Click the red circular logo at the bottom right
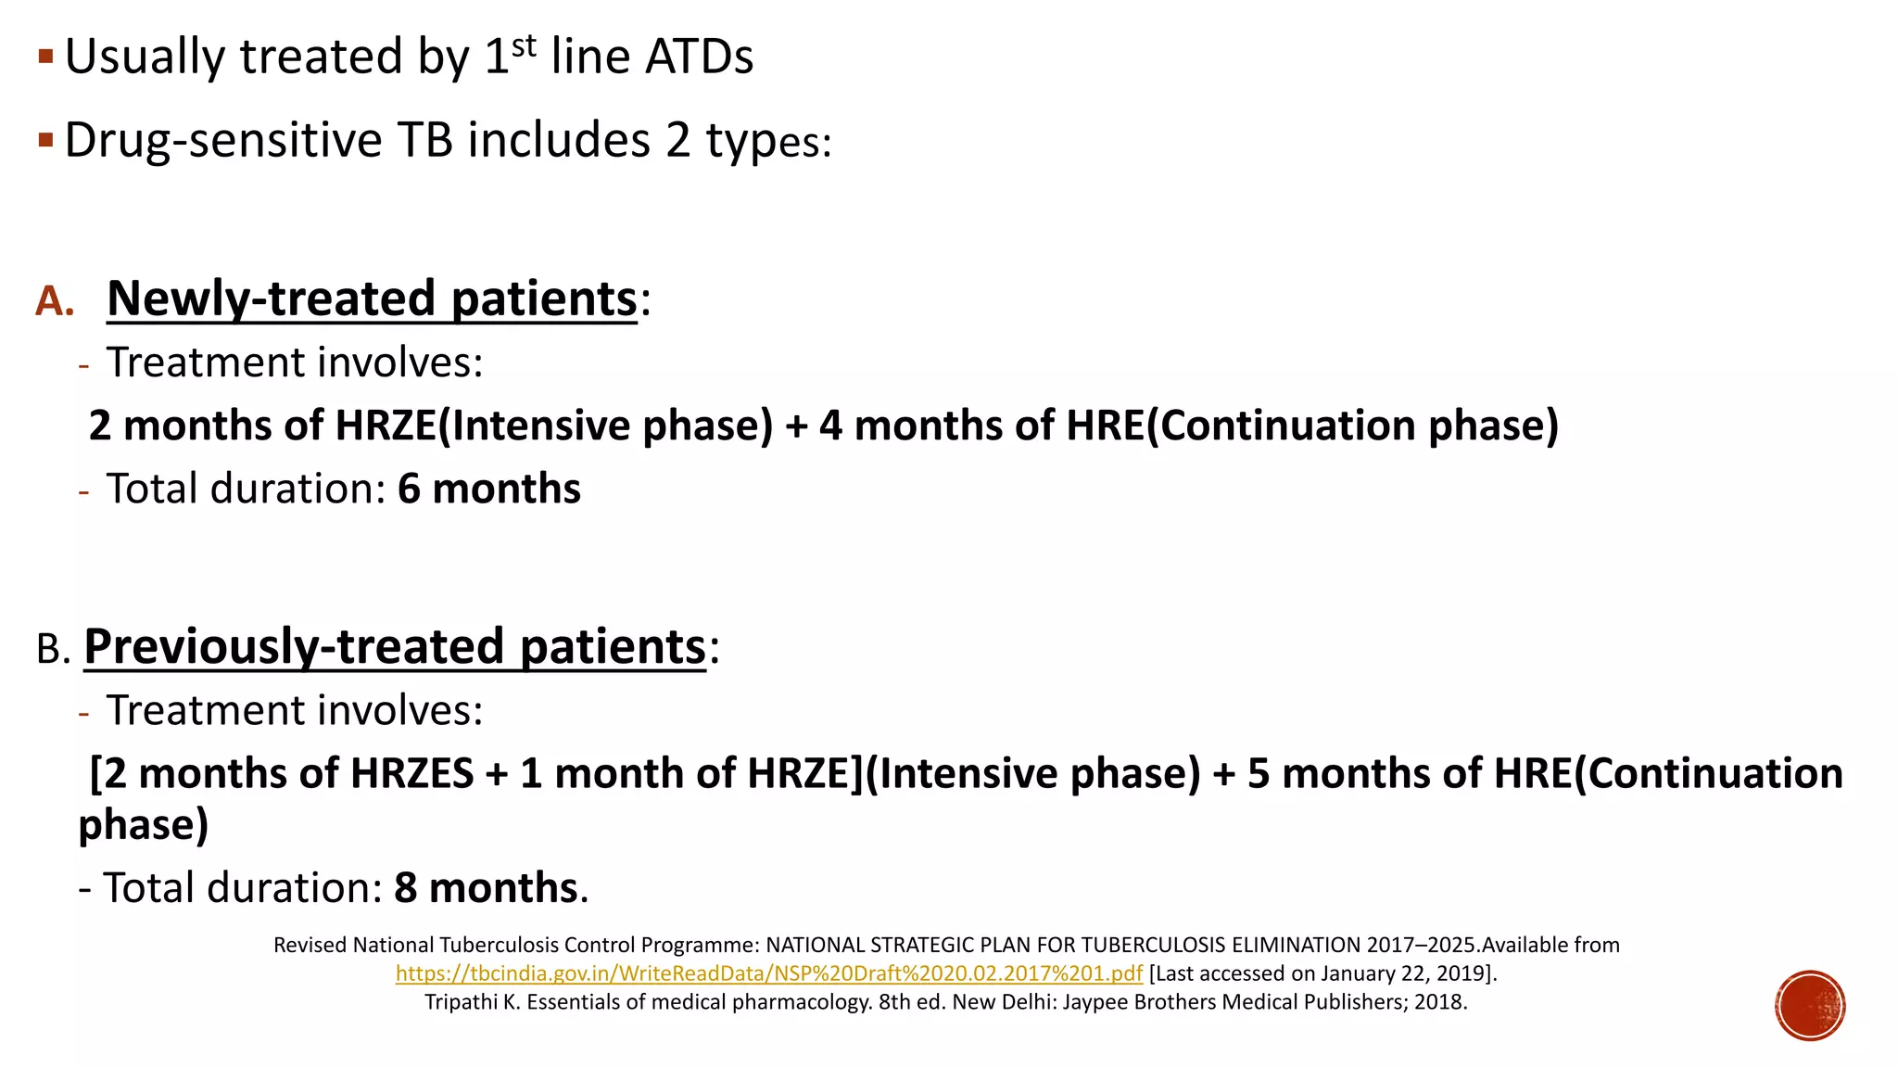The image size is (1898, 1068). (1810, 1006)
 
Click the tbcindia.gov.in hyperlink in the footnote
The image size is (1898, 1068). (768, 973)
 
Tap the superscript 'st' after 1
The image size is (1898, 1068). (524, 45)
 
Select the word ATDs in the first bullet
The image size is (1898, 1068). (699, 57)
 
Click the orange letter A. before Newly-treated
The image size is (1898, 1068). (55, 301)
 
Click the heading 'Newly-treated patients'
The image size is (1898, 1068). (372, 299)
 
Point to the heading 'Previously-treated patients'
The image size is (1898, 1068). (395, 646)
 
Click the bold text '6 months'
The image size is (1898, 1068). (488, 489)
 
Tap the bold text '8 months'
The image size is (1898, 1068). (486, 888)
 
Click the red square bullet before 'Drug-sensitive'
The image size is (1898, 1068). (46, 141)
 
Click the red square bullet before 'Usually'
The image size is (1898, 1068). (46, 57)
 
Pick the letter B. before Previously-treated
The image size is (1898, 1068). (53, 649)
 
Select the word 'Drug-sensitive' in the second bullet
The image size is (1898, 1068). (223, 141)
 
